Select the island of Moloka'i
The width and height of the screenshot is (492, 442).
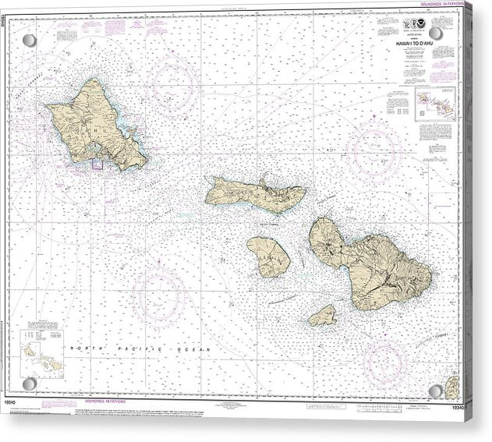pyautogui.click(x=253, y=195)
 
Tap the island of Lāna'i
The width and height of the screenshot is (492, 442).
pyautogui.click(x=269, y=256)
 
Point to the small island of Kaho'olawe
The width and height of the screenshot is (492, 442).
pyautogui.click(x=323, y=315)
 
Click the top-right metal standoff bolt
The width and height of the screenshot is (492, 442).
pyautogui.click(x=436, y=34)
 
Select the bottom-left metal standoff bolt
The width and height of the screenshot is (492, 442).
pyautogui.click(x=29, y=384)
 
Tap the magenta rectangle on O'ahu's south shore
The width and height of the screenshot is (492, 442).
pyautogui.click(x=98, y=163)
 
